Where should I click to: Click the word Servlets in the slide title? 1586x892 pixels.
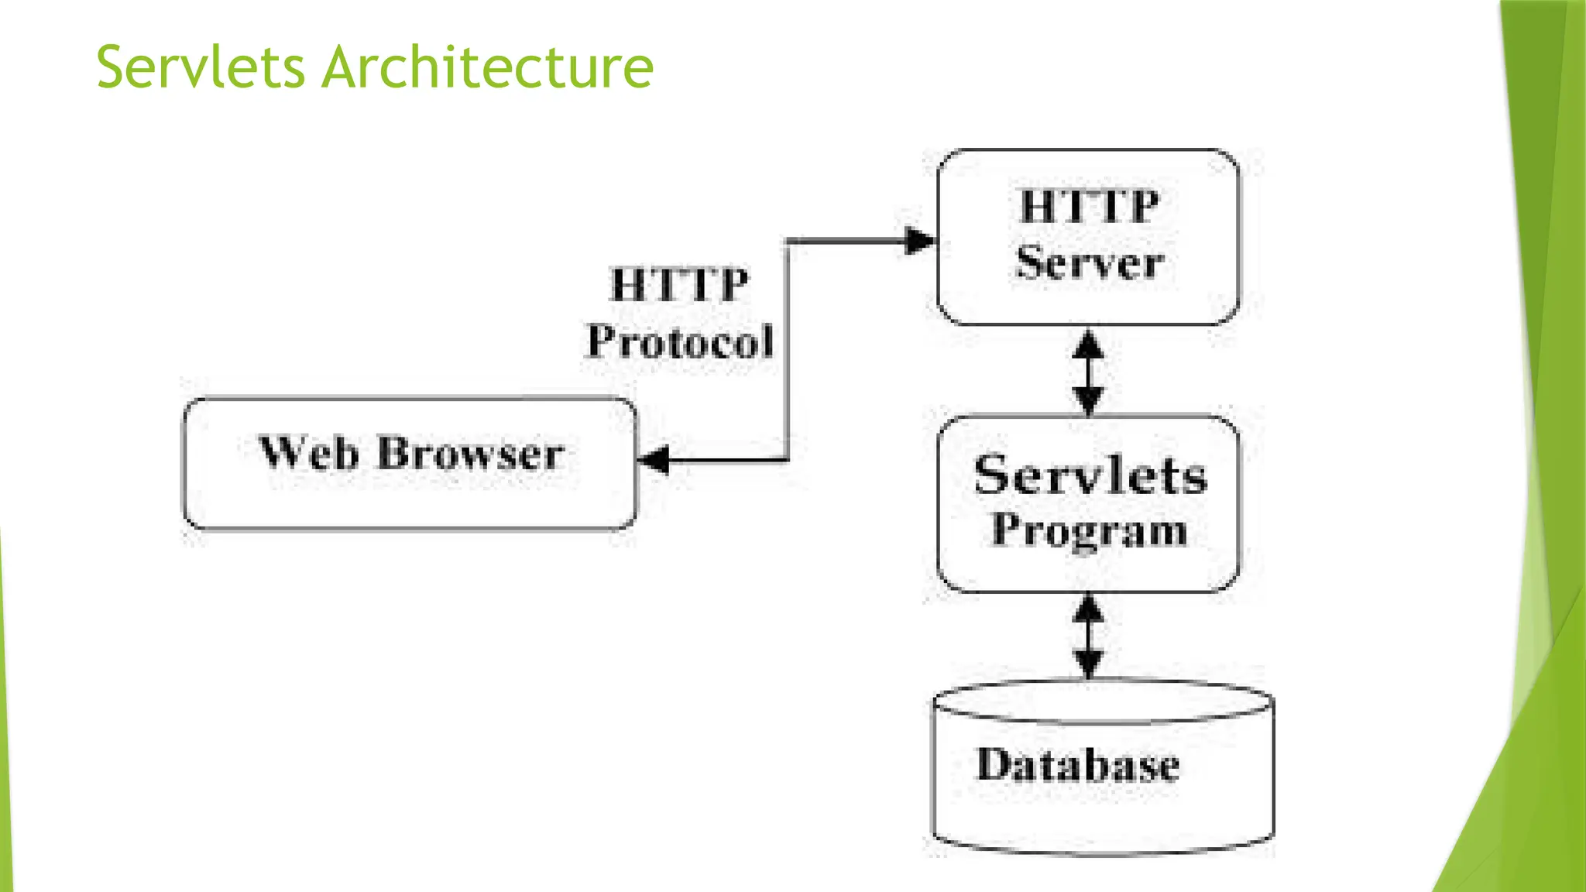click(x=201, y=67)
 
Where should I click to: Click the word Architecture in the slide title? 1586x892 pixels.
click(x=488, y=67)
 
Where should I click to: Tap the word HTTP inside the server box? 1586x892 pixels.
click(x=1090, y=207)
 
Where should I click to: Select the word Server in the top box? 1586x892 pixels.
click(x=1090, y=263)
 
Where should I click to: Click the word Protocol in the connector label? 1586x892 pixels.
click(x=680, y=341)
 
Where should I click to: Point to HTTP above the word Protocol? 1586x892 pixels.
click(x=679, y=284)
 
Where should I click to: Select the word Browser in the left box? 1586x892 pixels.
click(x=470, y=454)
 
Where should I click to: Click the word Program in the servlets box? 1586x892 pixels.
click(x=1089, y=531)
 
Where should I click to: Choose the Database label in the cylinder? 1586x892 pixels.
click(x=1078, y=765)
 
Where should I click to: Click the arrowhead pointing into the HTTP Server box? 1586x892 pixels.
click(x=920, y=241)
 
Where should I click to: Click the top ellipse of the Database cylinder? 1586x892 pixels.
click(x=1103, y=702)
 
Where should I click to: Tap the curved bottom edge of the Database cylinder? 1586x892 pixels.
click(x=1103, y=851)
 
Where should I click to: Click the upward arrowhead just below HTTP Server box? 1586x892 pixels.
click(x=1089, y=345)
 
